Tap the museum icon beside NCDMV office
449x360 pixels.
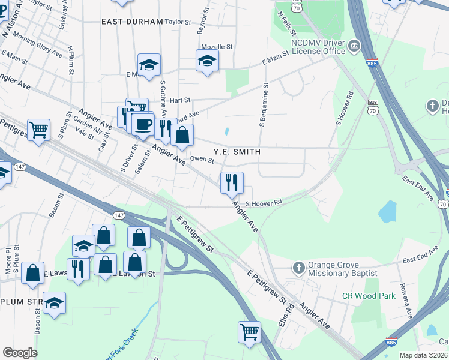354,46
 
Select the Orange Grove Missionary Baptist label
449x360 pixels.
343,268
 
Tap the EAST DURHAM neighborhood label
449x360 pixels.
132,22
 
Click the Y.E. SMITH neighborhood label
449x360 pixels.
237,152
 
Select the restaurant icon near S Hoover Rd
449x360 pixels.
232,182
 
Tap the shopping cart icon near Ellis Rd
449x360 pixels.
249,331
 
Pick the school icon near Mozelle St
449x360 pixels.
207,61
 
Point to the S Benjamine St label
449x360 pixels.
263,106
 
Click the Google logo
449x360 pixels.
20,353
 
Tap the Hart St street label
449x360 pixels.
179,100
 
